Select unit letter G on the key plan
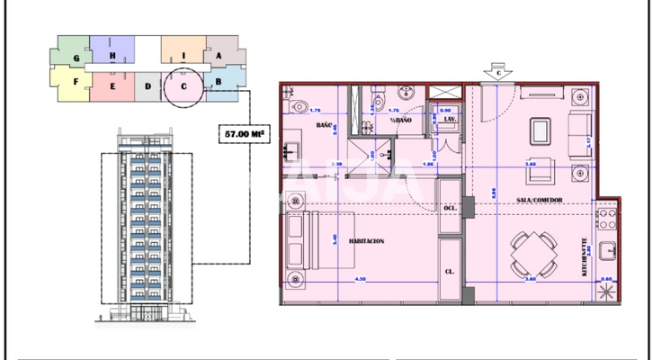[x=78, y=58]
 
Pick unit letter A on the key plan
[x=219, y=55]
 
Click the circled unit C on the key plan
[x=183, y=86]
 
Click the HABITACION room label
[x=367, y=242]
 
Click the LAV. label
[x=450, y=119]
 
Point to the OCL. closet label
[x=450, y=208]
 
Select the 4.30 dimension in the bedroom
[x=362, y=280]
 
